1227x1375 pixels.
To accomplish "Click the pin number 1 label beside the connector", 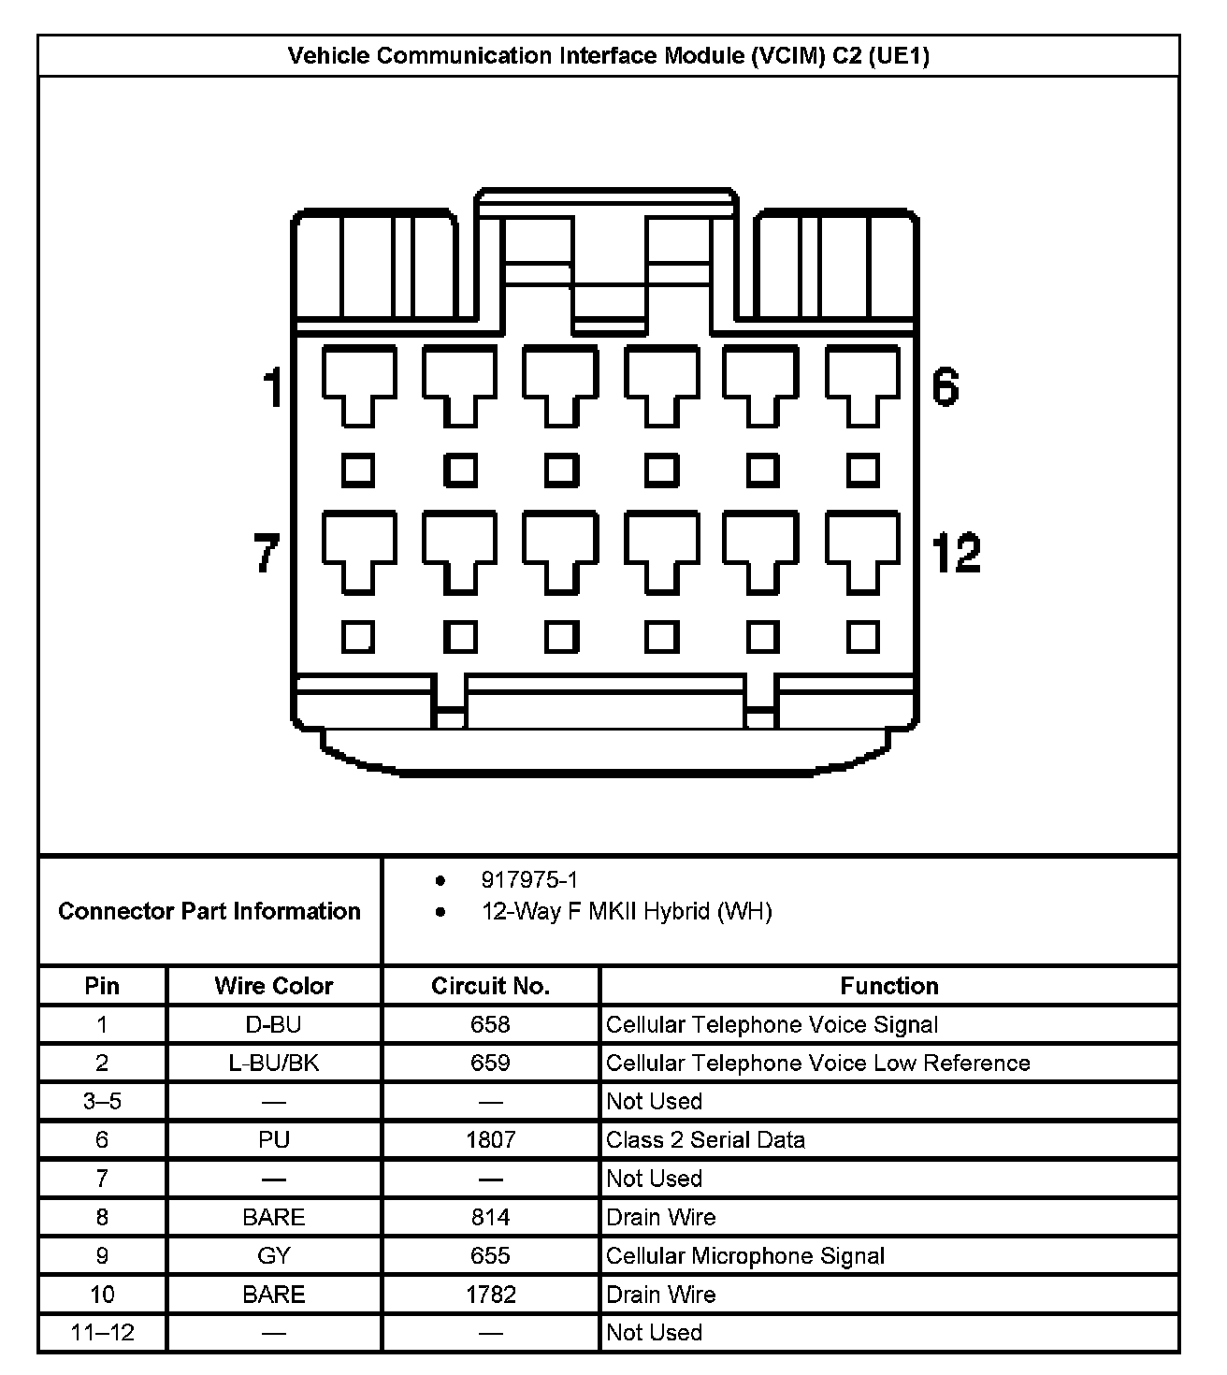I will click(x=272, y=387).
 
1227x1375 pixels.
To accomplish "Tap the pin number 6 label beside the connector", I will click(x=946, y=387).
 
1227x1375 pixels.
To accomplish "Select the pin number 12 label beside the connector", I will click(x=956, y=552).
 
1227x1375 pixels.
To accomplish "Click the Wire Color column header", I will click(x=274, y=986).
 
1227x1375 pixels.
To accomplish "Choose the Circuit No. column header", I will click(x=490, y=986).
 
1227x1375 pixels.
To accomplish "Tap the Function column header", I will click(x=888, y=986).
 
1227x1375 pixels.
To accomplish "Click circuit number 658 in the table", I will click(x=490, y=1024).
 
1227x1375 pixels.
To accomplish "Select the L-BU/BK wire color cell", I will click(x=274, y=1063).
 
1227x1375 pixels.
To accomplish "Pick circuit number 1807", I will click(x=490, y=1139).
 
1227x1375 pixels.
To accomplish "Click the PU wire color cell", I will click(x=274, y=1139).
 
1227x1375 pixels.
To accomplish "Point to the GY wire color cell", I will click(x=274, y=1255).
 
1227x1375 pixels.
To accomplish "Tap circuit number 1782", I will click(x=490, y=1295).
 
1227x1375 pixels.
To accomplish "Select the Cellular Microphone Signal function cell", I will click(x=744, y=1255).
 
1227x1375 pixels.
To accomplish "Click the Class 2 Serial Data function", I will click(x=705, y=1139).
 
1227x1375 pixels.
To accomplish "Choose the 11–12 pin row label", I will click(x=102, y=1332).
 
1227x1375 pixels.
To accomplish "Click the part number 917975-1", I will click(x=529, y=879).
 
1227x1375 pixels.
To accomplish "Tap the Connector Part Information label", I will click(x=209, y=911).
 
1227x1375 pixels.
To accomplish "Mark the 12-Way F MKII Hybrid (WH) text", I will click(x=627, y=911).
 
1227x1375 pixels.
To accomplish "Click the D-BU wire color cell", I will click(x=274, y=1024).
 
